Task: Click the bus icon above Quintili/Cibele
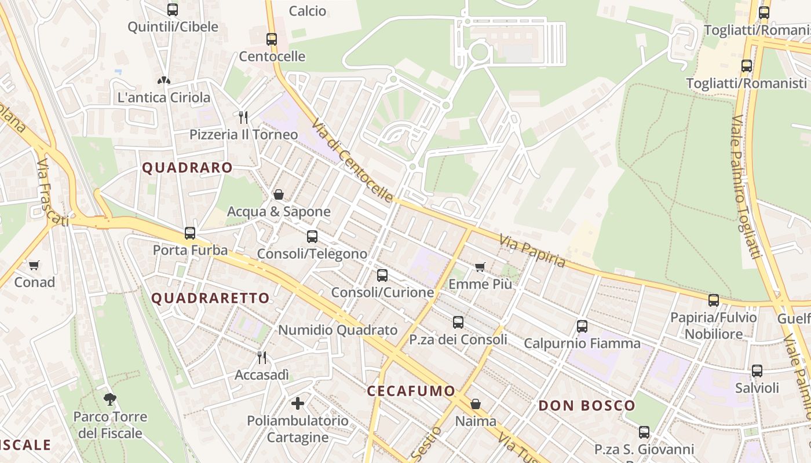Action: [173, 10]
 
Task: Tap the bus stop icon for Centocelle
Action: [272, 39]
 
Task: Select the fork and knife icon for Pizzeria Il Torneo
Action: [243, 117]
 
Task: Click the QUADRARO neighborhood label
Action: [188, 168]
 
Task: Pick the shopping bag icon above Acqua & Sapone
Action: [279, 194]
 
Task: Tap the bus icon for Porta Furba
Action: [190, 233]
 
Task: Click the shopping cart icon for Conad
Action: [34, 265]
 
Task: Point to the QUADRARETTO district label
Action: [211, 298]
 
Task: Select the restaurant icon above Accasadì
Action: [262, 357]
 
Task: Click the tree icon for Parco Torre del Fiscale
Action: [109, 399]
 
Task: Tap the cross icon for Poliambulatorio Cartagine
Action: [298, 403]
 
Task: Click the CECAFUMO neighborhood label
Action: [411, 391]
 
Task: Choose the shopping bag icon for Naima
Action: [476, 403]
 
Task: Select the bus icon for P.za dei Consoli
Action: [458, 322]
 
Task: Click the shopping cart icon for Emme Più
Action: [480, 267]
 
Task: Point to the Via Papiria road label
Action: [532, 251]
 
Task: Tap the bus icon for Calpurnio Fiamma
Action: [582, 326]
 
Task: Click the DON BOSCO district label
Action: [587, 405]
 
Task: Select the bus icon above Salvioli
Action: [757, 371]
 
